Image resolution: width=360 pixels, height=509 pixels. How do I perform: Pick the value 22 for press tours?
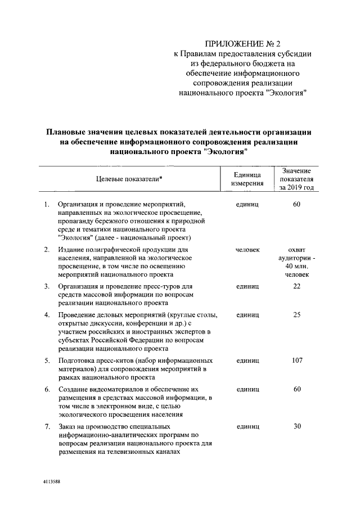coord(297,287)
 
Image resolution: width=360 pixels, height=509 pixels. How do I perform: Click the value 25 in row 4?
coord(297,315)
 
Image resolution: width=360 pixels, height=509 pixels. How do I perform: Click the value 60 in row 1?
coord(297,204)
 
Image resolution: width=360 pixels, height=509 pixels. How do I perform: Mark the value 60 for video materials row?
coord(297,389)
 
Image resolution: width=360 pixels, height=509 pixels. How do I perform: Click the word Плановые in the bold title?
coord(66,132)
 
